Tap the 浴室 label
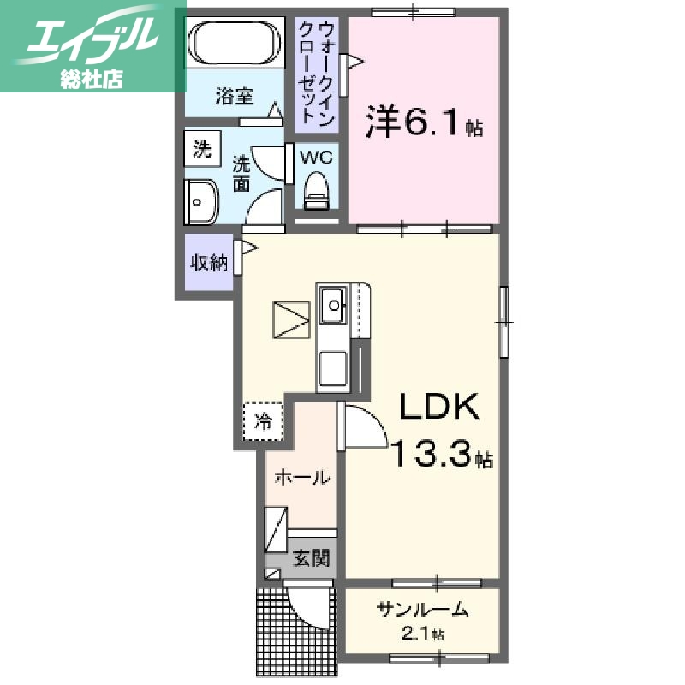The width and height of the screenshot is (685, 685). click(x=234, y=96)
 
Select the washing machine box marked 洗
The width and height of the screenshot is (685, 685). click(x=202, y=149)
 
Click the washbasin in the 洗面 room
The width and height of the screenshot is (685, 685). click(x=201, y=203)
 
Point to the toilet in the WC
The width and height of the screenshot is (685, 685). click(x=317, y=190)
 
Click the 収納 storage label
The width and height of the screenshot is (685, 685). click(x=209, y=263)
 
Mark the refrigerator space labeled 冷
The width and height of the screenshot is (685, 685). click(x=265, y=421)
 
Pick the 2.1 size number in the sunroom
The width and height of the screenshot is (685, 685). click(x=418, y=634)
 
